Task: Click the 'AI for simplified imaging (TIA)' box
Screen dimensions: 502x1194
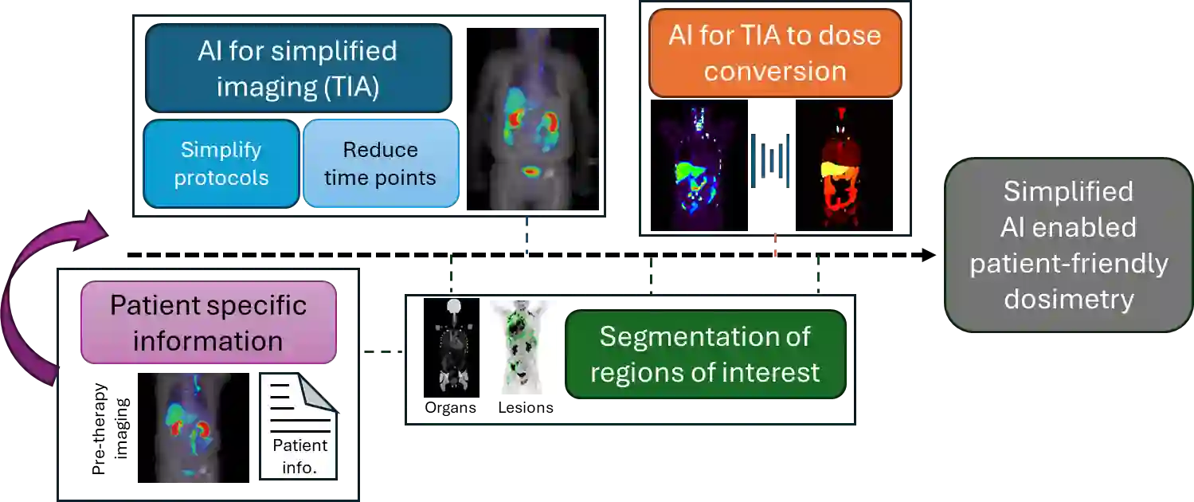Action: pyautogui.click(x=298, y=69)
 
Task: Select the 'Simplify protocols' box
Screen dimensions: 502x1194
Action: pyautogui.click(x=221, y=163)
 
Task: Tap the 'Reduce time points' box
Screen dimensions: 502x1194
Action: pyautogui.click(x=380, y=163)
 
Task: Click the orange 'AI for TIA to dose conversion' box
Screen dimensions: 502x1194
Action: pyautogui.click(x=774, y=53)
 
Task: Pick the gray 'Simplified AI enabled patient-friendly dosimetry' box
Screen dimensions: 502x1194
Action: pyautogui.click(x=1068, y=245)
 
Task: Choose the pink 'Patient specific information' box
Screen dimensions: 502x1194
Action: pyautogui.click(x=209, y=323)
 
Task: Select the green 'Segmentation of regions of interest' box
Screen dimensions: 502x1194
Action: pyautogui.click(x=705, y=354)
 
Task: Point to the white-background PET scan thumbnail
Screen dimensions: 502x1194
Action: pyautogui.click(x=523, y=347)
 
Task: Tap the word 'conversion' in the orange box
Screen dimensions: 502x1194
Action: pyautogui.click(x=774, y=71)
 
